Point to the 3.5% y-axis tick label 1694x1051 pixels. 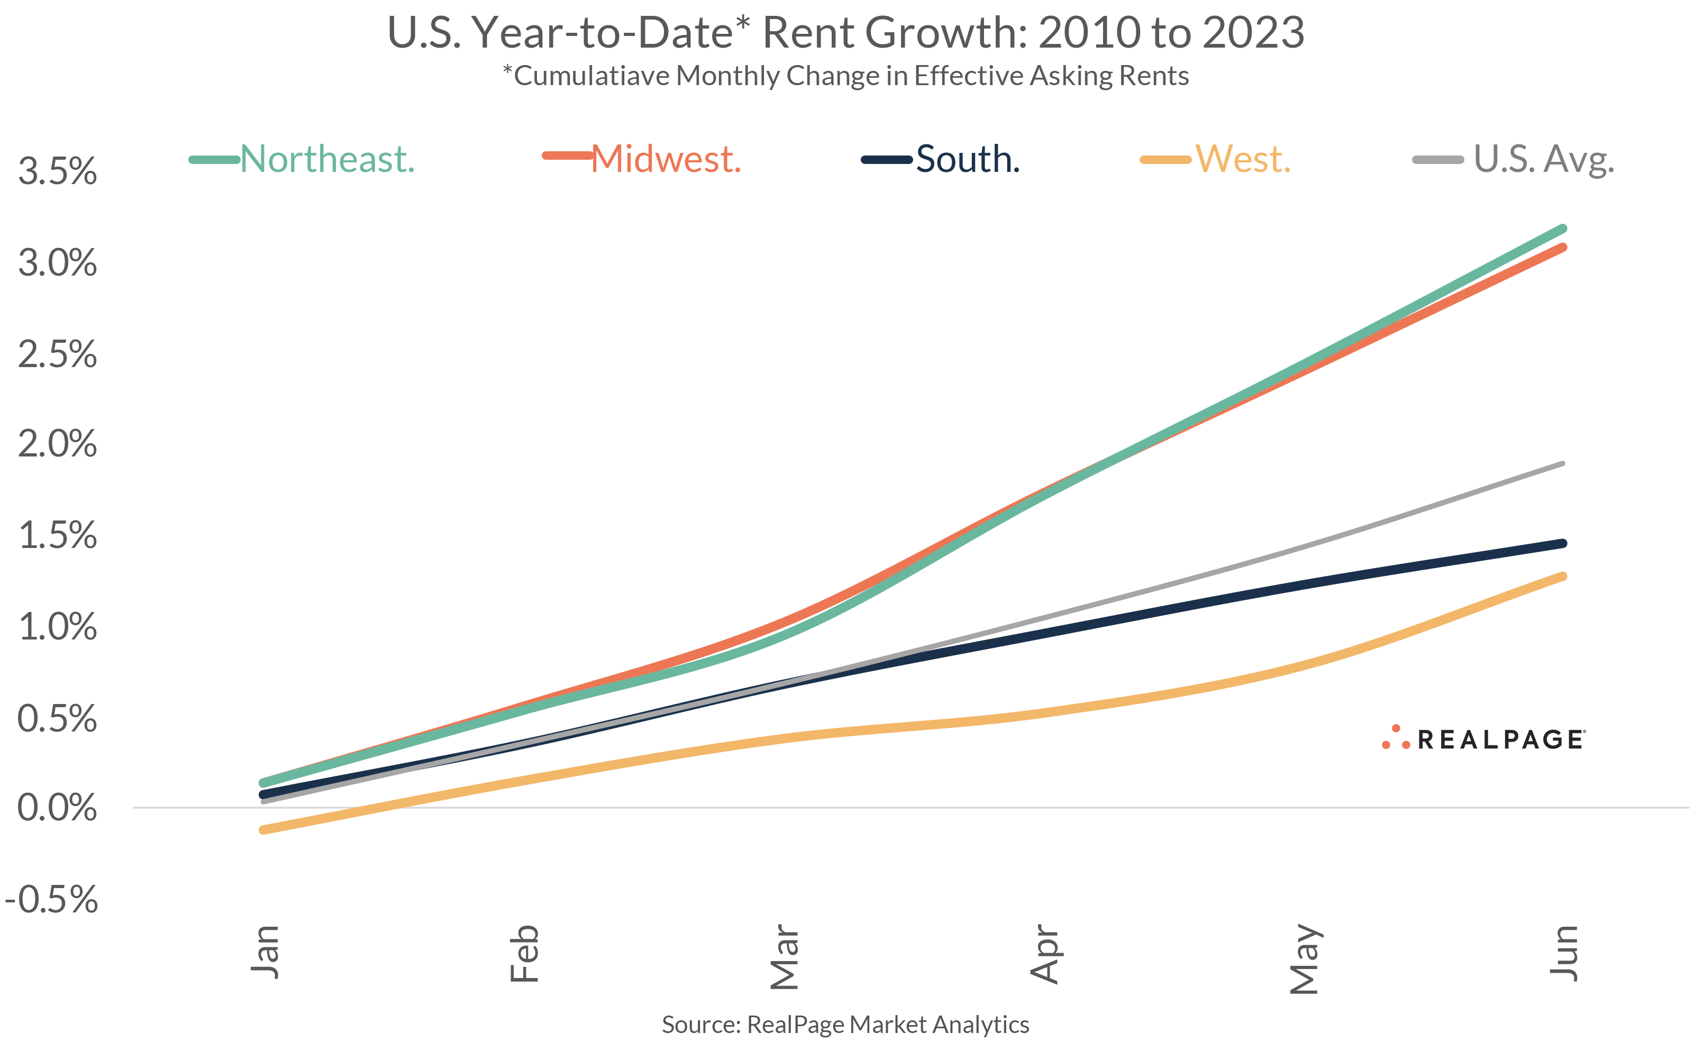coord(57,171)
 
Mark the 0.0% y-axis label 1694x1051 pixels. coord(57,808)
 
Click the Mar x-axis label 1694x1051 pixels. coord(785,956)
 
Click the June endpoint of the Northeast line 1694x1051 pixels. coord(1563,229)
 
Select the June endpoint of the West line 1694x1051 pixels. coord(1563,576)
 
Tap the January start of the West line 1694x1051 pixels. coord(263,829)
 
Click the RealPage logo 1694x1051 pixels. coord(1483,739)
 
